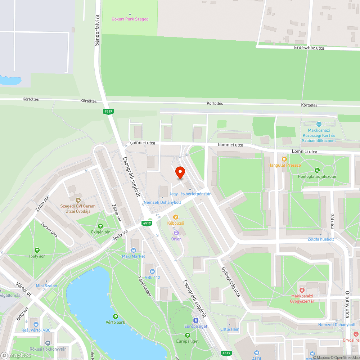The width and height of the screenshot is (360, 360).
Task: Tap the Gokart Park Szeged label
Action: (x=130, y=19)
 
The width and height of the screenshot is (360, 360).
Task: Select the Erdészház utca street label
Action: (x=309, y=48)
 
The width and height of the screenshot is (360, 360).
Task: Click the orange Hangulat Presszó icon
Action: (x=284, y=159)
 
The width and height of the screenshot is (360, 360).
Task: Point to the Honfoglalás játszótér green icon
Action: (x=317, y=170)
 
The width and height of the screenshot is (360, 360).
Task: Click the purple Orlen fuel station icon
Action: (x=176, y=233)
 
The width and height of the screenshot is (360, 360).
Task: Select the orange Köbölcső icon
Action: (x=176, y=217)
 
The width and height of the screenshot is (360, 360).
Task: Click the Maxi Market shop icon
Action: (x=134, y=250)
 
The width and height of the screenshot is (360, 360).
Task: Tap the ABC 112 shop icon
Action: (x=152, y=271)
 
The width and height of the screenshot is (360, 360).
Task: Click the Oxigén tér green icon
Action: (x=100, y=226)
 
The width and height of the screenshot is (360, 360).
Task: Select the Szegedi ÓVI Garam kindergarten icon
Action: (x=78, y=200)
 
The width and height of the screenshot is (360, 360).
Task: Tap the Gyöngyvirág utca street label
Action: (x=231, y=282)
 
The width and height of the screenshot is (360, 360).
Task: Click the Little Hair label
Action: (x=229, y=329)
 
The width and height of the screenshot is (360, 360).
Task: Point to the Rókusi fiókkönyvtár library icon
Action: (x=48, y=343)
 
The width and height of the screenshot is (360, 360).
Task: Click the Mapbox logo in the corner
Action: (x=16, y=355)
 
